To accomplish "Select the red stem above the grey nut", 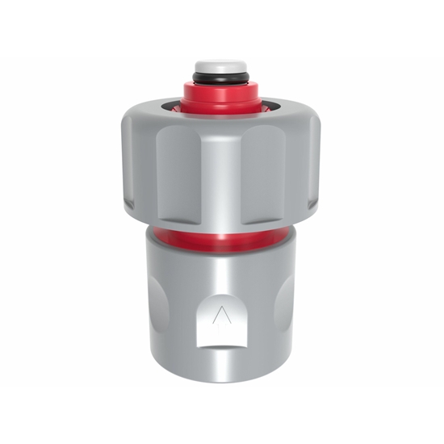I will pos(221,96).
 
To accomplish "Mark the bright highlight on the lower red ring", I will pos(222,240).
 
